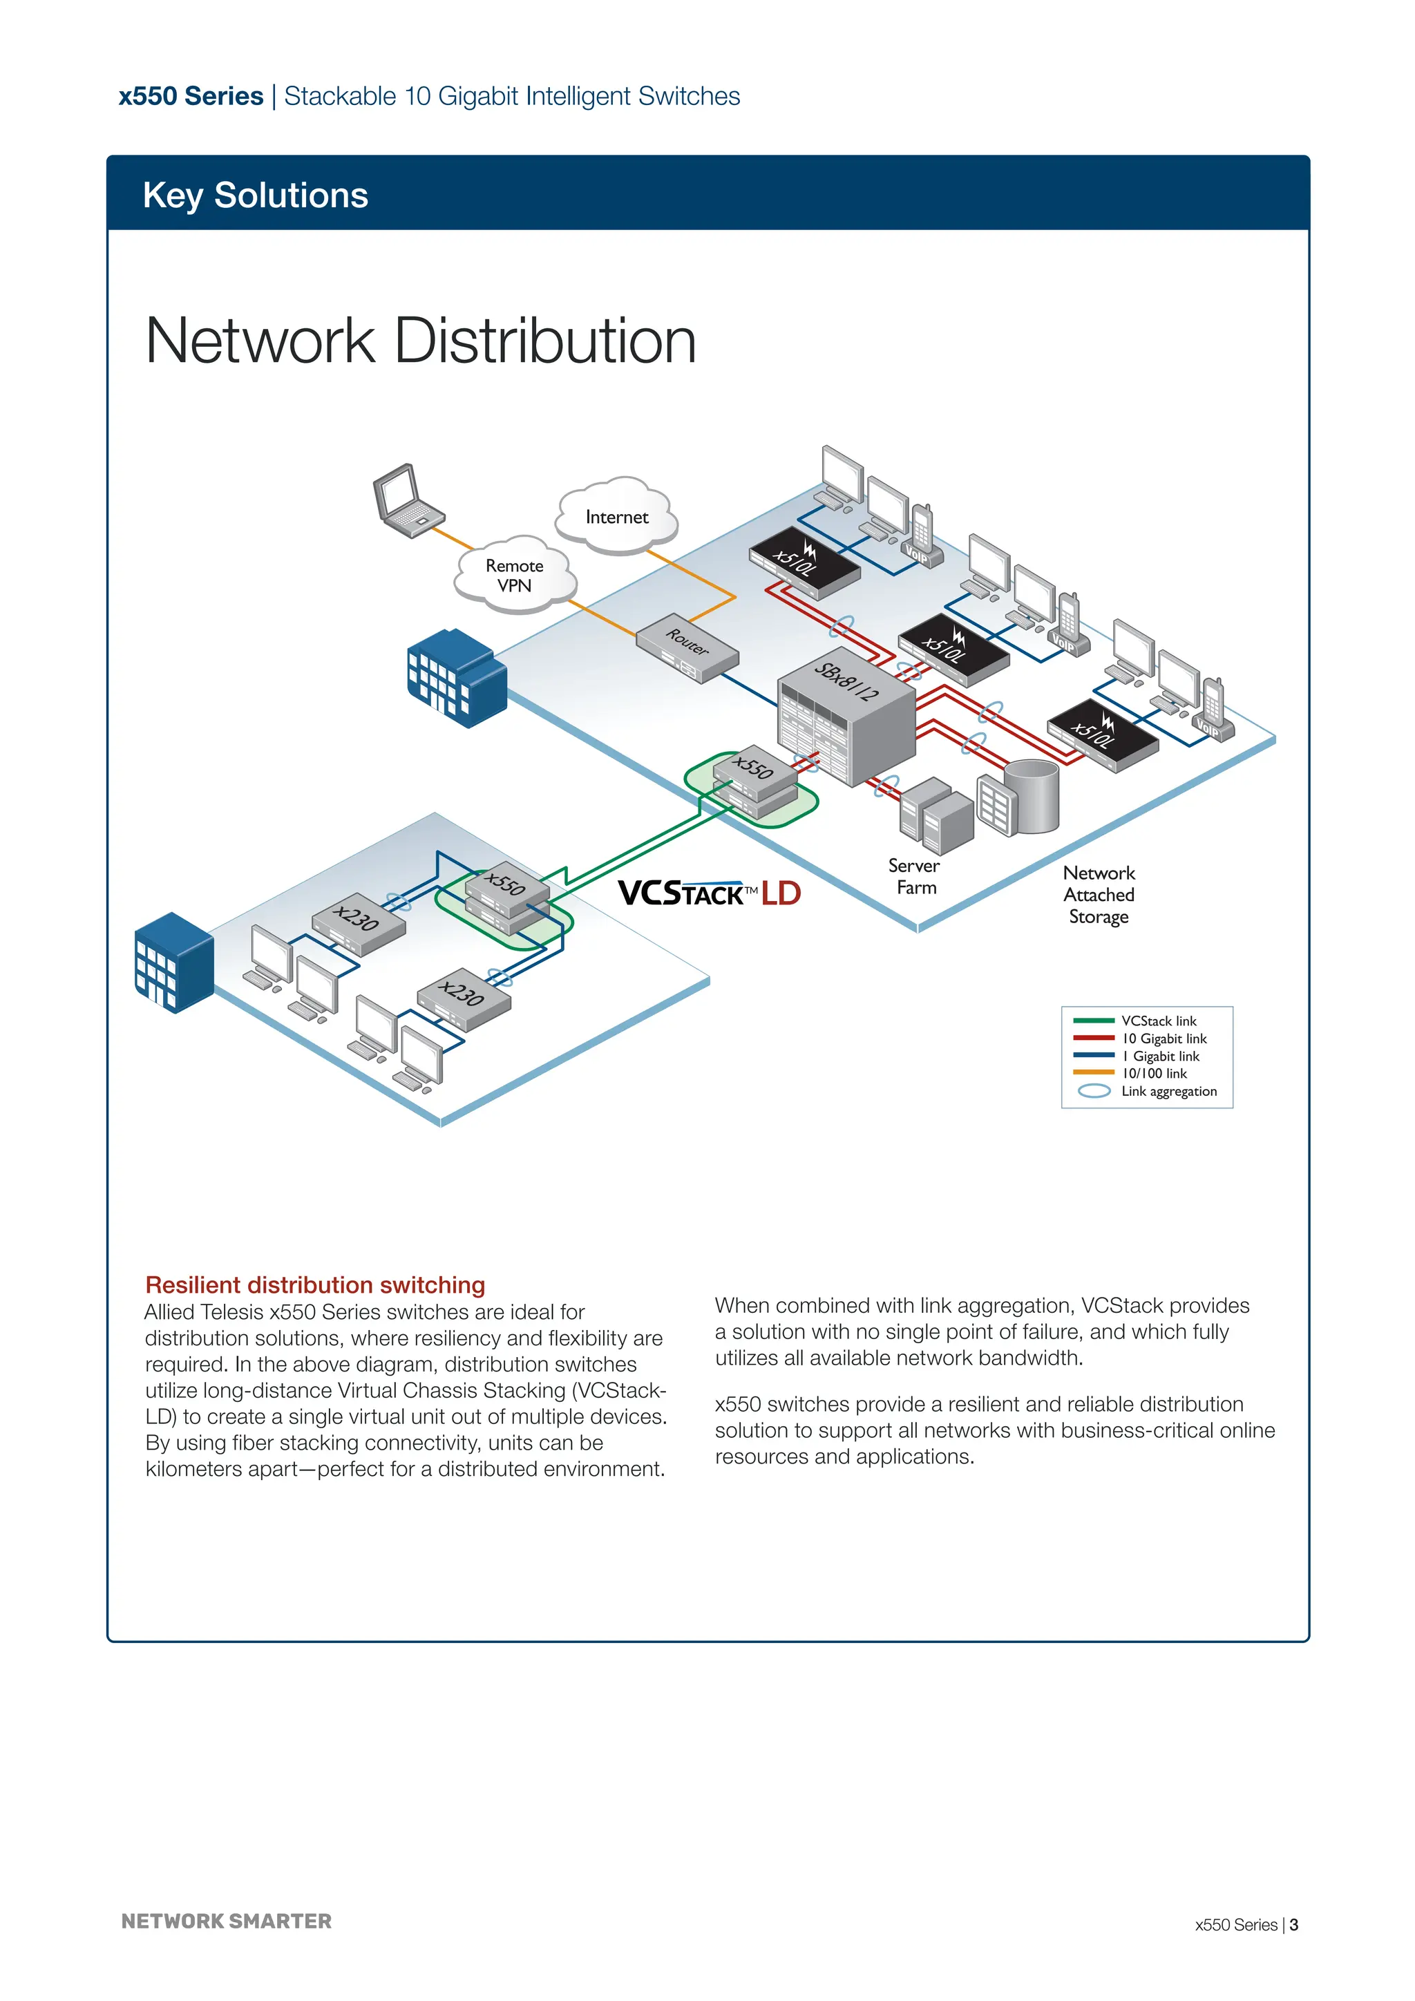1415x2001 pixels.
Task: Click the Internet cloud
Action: pyautogui.click(x=617, y=517)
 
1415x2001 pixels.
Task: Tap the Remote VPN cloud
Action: pyautogui.click(x=514, y=575)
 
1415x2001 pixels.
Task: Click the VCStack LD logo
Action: pyautogui.click(x=708, y=893)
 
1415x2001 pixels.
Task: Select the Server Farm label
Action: pyautogui.click(x=914, y=876)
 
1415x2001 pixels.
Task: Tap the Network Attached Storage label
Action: pyautogui.click(x=1099, y=894)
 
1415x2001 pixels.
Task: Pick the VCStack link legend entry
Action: pyautogui.click(x=1158, y=1021)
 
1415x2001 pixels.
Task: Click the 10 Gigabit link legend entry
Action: pyautogui.click(x=1164, y=1038)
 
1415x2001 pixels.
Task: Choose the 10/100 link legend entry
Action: pyautogui.click(x=1154, y=1074)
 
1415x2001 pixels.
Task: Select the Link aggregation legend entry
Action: pyautogui.click(x=1168, y=1091)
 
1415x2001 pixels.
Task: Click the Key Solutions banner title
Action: pyautogui.click(x=255, y=196)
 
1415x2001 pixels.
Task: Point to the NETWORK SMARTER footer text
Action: pyautogui.click(x=227, y=1921)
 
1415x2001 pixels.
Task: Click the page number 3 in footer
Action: pyautogui.click(x=1294, y=1924)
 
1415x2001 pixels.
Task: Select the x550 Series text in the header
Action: pyautogui.click(x=191, y=96)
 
